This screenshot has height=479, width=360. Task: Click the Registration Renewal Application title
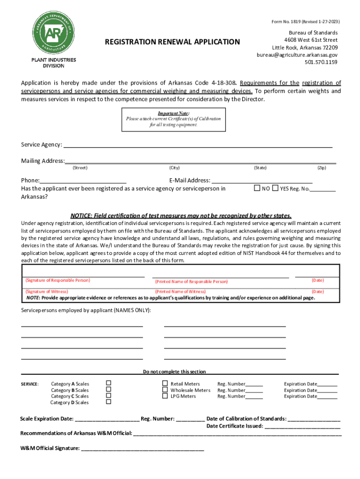172,42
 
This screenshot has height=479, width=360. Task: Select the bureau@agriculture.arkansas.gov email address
297,55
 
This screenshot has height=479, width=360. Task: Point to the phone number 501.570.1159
321,62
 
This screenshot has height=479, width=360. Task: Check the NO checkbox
257,188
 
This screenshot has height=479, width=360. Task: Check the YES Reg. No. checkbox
276,188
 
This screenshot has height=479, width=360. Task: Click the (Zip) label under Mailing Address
321,167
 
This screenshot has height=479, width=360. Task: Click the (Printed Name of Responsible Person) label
191,282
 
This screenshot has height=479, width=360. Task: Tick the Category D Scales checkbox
108,402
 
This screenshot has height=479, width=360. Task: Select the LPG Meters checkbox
165,396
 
